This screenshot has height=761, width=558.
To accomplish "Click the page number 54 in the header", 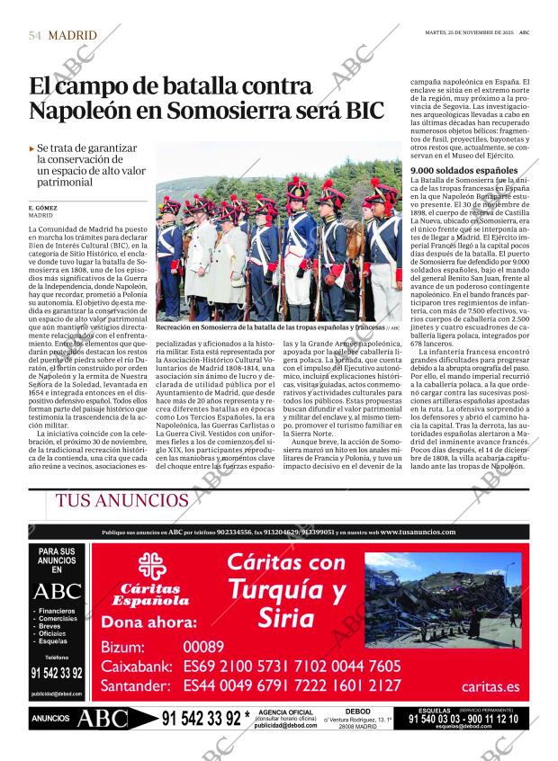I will click(x=35, y=36).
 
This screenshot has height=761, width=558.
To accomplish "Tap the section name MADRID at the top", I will click(x=72, y=36).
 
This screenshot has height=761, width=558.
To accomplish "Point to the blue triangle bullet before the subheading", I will click(x=32, y=148).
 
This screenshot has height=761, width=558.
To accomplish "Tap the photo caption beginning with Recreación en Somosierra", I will click(x=270, y=329).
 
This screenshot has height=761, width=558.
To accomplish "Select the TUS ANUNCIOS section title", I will click(x=122, y=501).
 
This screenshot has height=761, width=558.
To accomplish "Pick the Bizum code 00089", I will click(x=203, y=647).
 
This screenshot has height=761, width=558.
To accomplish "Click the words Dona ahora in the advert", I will click(x=149, y=622).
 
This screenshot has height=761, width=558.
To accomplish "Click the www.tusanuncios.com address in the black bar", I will click(x=418, y=532).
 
